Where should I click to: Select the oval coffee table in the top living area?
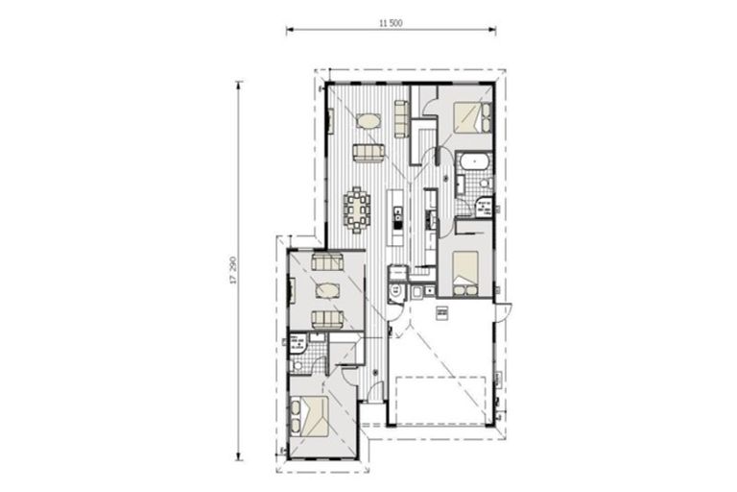368,121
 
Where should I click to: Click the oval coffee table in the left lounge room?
327,291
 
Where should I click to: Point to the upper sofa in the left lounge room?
327,261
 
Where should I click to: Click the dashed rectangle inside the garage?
440,398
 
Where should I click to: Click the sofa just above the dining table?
368,152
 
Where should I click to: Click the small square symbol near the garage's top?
442,312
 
